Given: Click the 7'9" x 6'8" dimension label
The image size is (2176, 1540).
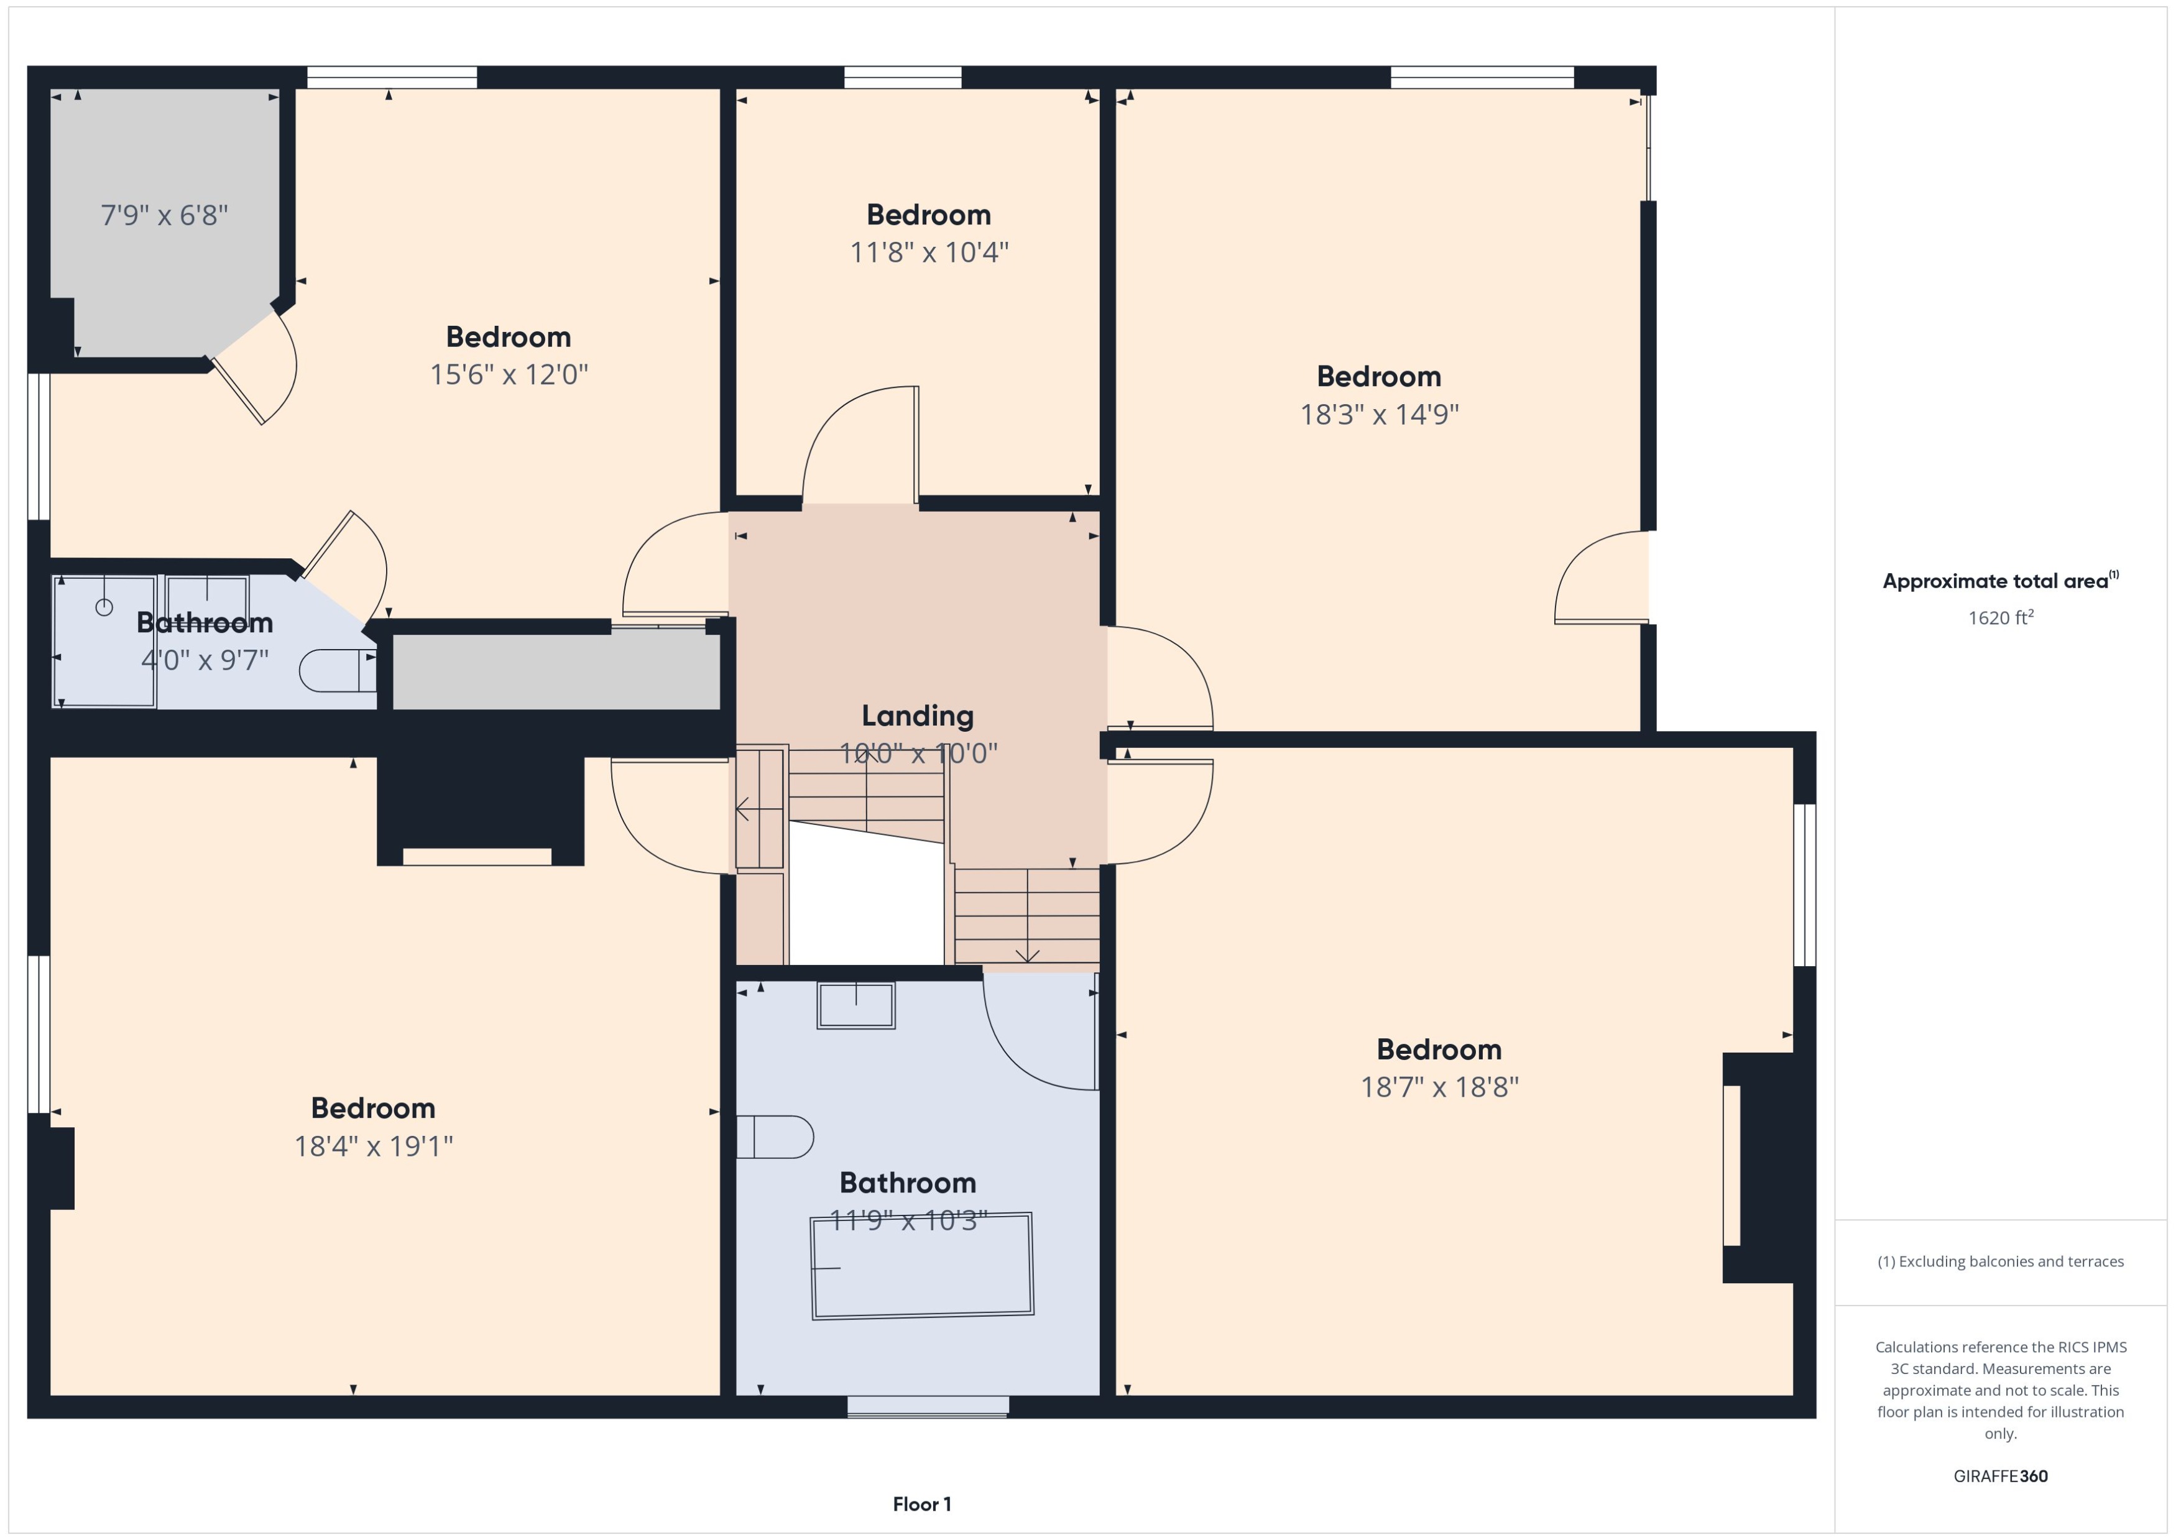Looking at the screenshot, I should (x=164, y=215).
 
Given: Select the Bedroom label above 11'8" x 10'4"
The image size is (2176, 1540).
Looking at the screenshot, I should (x=928, y=214).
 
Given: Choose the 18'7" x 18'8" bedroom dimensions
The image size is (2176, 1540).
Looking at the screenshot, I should (x=1439, y=1087).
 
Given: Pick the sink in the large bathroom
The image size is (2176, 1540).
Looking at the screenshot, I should (x=855, y=1005).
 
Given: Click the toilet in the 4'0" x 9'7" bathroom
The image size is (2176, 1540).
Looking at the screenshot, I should (x=336, y=670).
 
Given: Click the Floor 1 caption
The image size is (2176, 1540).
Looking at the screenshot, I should (x=921, y=1504).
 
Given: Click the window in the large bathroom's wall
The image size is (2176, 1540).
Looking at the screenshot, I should (x=928, y=1407).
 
